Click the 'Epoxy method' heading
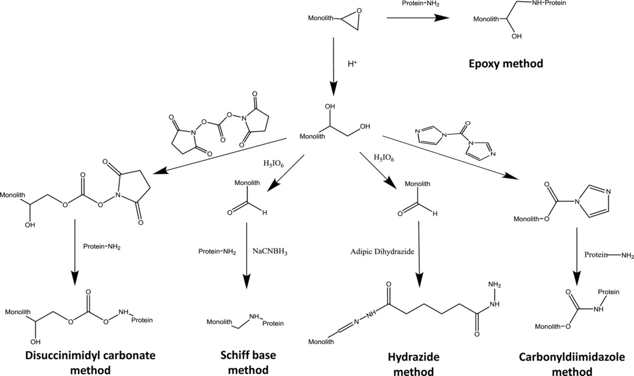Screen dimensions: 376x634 [x=507, y=65]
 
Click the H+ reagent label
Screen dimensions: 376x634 [x=353, y=64]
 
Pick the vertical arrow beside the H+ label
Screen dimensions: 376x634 [x=333, y=64]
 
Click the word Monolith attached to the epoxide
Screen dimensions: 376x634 [x=322, y=19]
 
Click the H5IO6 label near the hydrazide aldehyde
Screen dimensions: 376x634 [x=384, y=157]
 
